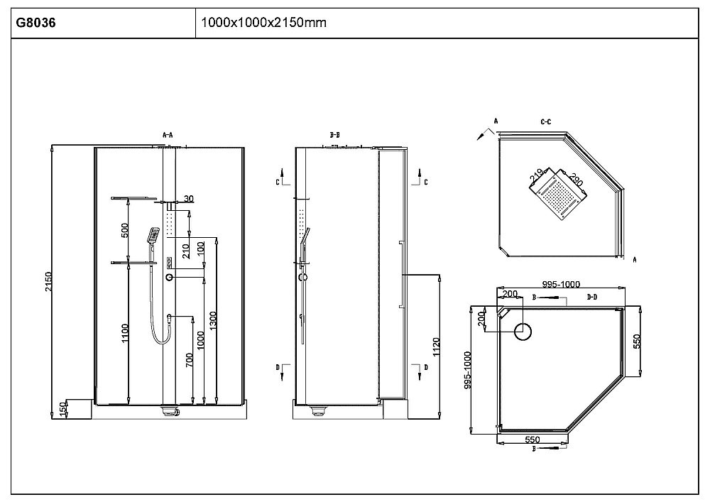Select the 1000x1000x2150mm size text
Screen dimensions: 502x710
pyautogui.click(x=263, y=23)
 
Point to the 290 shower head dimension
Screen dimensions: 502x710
pyautogui.click(x=575, y=180)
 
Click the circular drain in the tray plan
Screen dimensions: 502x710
pyautogui.click(x=523, y=329)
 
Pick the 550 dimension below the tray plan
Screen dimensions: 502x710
pyautogui.click(x=532, y=440)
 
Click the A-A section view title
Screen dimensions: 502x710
pyautogui.click(x=168, y=133)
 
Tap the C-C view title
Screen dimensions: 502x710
pyautogui.click(x=546, y=122)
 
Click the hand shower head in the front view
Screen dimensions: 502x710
pyautogui.click(x=153, y=234)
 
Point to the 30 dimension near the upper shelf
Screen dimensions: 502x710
pyautogui.click(x=188, y=198)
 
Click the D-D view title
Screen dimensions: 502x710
pyautogui.click(x=592, y=297)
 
